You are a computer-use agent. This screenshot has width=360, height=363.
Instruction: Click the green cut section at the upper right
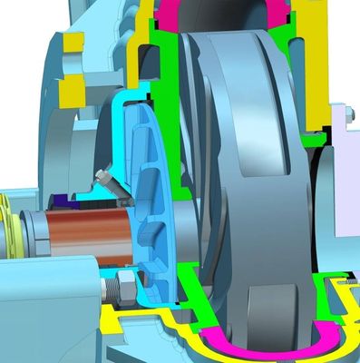(313, 73)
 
